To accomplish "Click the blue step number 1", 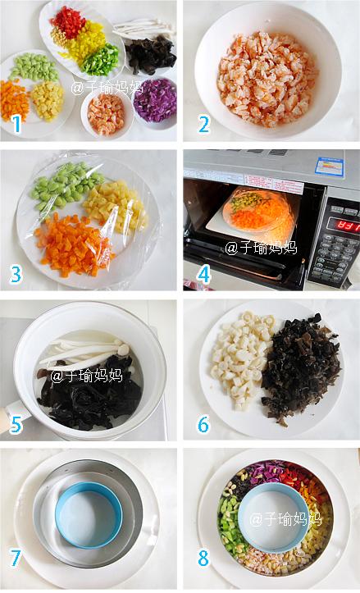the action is click(16, 125).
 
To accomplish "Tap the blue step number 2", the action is click(203, 125).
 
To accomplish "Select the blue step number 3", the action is click(16, 275).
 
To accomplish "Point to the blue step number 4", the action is click(203, 275).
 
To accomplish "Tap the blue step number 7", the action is click(16, 558).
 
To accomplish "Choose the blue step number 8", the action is click(203, 558).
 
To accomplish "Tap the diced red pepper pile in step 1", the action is click(69, 22).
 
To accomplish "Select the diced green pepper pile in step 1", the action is click(100, 59).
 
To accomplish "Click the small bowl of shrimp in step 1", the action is click(107, 112).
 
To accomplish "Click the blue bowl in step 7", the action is click(89, 514).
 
